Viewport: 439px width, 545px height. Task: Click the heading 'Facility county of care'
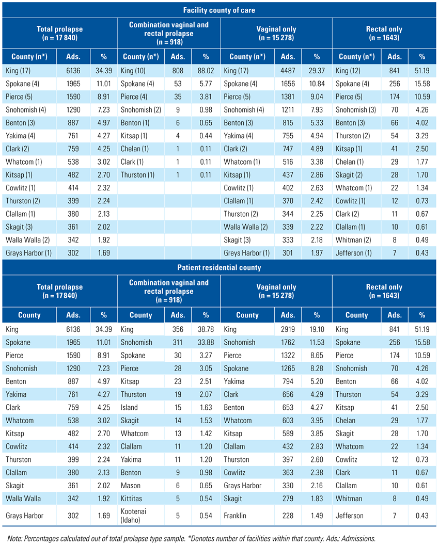219,9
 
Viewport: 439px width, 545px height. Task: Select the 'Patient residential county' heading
219,267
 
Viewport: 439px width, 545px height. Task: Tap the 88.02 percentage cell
206,71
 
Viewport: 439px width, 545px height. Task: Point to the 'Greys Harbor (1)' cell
246,253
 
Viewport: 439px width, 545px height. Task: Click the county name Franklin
237,515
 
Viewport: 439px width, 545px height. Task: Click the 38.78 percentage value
206,329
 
